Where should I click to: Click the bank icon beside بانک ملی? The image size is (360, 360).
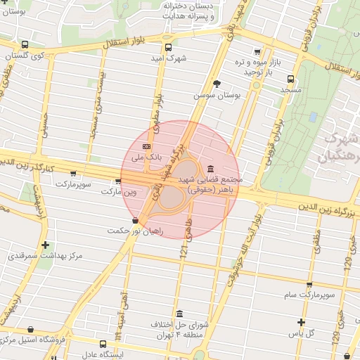(x=146, y=146)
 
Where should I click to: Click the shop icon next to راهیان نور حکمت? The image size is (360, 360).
(x=135, y=221)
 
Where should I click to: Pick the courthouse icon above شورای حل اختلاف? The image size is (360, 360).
(x=180, y=314)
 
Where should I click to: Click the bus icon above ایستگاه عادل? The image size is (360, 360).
(x=103, y=344)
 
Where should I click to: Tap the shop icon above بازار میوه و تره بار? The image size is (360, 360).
(x=258, y=51)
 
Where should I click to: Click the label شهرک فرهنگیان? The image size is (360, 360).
(x=337, y=148)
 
